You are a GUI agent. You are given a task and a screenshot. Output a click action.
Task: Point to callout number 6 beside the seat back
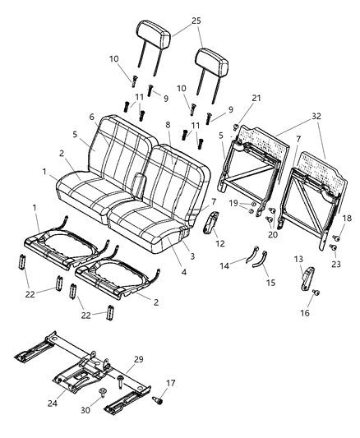click(91, 118)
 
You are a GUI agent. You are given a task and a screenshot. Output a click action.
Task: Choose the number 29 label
click(138, 360)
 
